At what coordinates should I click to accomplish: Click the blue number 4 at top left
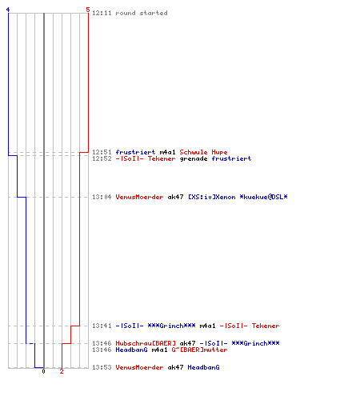coord(8,10)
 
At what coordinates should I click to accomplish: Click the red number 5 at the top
coord(88,10)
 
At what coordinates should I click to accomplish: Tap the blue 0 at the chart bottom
coord(43,371)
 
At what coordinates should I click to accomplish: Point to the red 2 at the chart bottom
coord(62,371)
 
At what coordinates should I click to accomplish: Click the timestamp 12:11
coord(102,13)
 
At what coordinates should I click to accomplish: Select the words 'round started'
coord(142,13)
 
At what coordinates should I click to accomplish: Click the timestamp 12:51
coord(102,152)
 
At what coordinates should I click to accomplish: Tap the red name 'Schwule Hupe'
coord(203,152)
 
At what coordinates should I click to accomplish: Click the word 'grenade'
coord(194,159)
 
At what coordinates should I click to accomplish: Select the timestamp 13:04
coord(102,197)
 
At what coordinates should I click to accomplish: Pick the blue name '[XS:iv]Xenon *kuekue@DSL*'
coord(238,197)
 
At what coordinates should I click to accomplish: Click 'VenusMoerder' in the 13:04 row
coord(139,197)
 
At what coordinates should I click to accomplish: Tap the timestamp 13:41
coord(102,326)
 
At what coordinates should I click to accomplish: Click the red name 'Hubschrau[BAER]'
coord(146,343)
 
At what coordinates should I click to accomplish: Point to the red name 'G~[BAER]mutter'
coord(199,350)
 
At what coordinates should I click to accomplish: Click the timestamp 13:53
coord(102,367)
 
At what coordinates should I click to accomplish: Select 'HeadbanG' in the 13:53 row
coord(203,367)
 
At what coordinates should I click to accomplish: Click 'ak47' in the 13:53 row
coord(175,367)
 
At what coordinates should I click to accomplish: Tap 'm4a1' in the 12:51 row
coord(167,152)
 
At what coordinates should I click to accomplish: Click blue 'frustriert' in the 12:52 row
coord(231,159)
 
